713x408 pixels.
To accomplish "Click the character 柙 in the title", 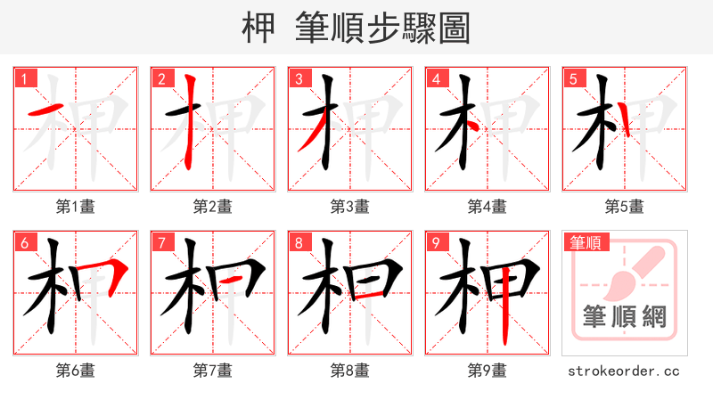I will (x=259, y=28).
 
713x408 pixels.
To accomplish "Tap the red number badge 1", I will (x=23, y=78).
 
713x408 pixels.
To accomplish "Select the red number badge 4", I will (x=436, y=78).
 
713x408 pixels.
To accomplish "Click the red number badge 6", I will (x=23, y=242).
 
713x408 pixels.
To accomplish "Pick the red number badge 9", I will (x=436, y=242).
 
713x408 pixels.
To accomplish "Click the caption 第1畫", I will (x=75, y=207).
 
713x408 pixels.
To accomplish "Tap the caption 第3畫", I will (x=349, y=207).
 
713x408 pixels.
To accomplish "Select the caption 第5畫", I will (x=624, y=207).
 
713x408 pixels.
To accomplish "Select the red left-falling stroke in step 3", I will (x=309, y=137).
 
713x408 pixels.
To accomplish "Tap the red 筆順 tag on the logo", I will (x=586, y=242).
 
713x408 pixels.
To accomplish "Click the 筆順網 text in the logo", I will (x=624, y=316).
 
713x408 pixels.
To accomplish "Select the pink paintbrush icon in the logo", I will (x=635, y=267).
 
